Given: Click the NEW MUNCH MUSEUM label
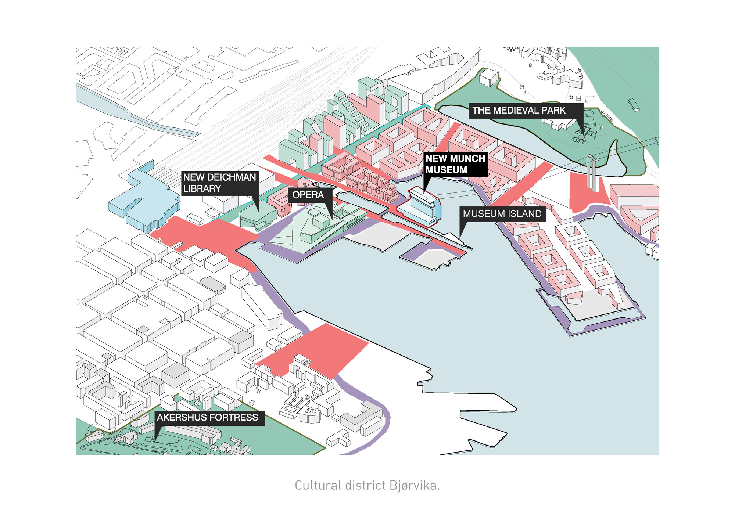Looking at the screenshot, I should coord(456,164).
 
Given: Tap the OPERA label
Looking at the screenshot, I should coord(308,195).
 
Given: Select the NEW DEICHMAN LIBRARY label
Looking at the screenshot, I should coord(219,183).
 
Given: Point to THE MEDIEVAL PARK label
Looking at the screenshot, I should coord(519,111).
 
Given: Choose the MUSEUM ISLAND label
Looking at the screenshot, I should coord(502,214).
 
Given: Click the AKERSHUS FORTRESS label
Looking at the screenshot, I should coord(208,418).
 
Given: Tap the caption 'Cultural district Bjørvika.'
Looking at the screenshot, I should coord(367,486).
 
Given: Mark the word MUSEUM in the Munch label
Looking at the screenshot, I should coord(446,170).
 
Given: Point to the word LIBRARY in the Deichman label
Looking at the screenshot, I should coord(202,189).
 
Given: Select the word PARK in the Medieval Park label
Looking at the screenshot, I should coord(553,111).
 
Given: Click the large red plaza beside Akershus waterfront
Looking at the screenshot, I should coord(316,349).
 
